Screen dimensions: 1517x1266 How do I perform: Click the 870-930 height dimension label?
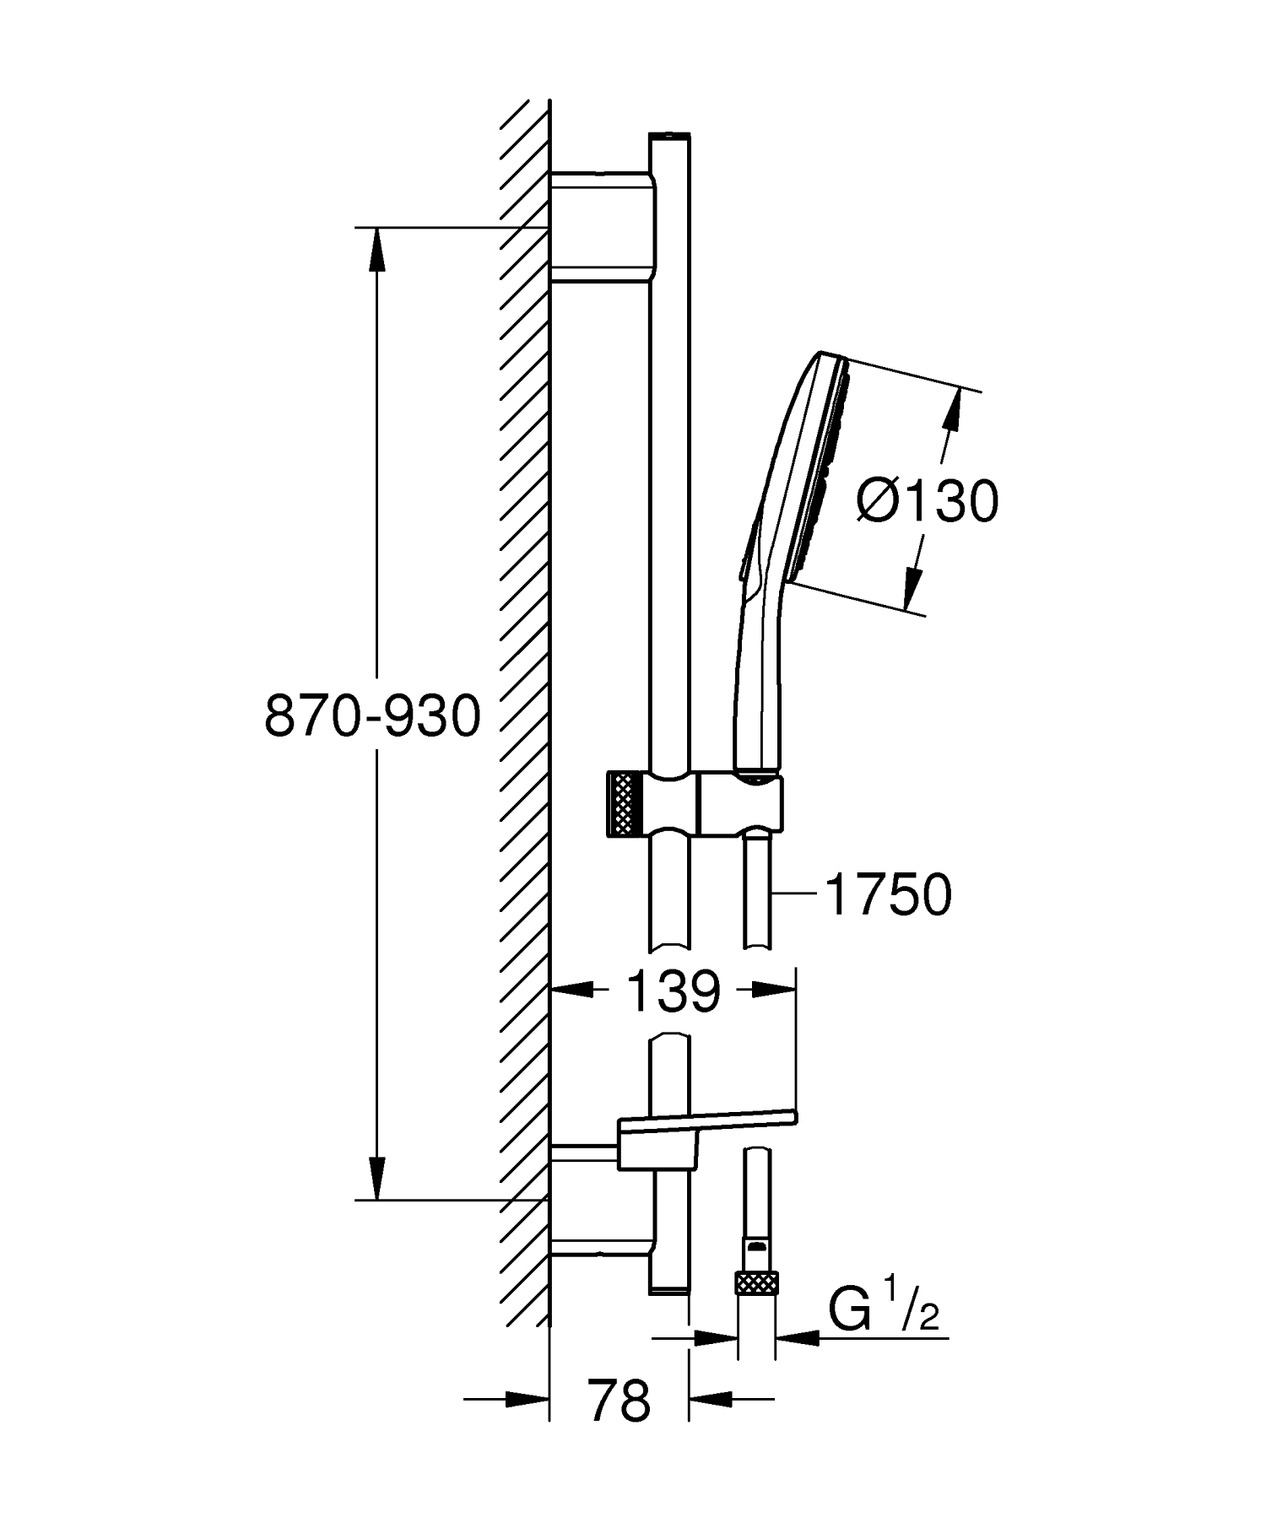(x=372, y=717)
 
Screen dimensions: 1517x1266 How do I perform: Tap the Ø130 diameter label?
(x=927, y=502)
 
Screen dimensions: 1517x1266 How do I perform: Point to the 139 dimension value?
(x=673, y=991)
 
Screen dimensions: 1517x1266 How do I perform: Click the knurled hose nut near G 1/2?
(x=755, y=1283)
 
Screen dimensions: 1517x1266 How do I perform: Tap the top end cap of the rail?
(x=670, y=136)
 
